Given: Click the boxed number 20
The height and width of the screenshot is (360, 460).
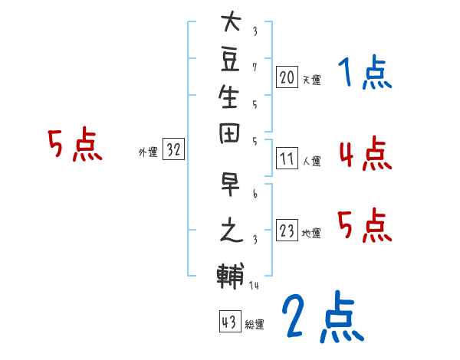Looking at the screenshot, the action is click(x=287, y=77).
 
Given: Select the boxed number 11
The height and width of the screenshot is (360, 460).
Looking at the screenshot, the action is click(x=287, y=159).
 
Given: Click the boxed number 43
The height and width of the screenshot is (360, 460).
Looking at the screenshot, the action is click(x=228, y=322).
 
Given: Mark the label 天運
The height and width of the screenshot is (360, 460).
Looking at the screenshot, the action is click(x=311, y=79).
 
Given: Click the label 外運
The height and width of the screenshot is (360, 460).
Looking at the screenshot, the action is click(x=148, y=152).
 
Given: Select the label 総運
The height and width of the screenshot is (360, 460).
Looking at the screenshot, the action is click(x=255, y=325).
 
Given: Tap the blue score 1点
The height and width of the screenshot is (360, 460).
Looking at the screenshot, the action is click(x=365, y=74).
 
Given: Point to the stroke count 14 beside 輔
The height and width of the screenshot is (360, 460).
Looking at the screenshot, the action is click(x=254, y=286).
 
